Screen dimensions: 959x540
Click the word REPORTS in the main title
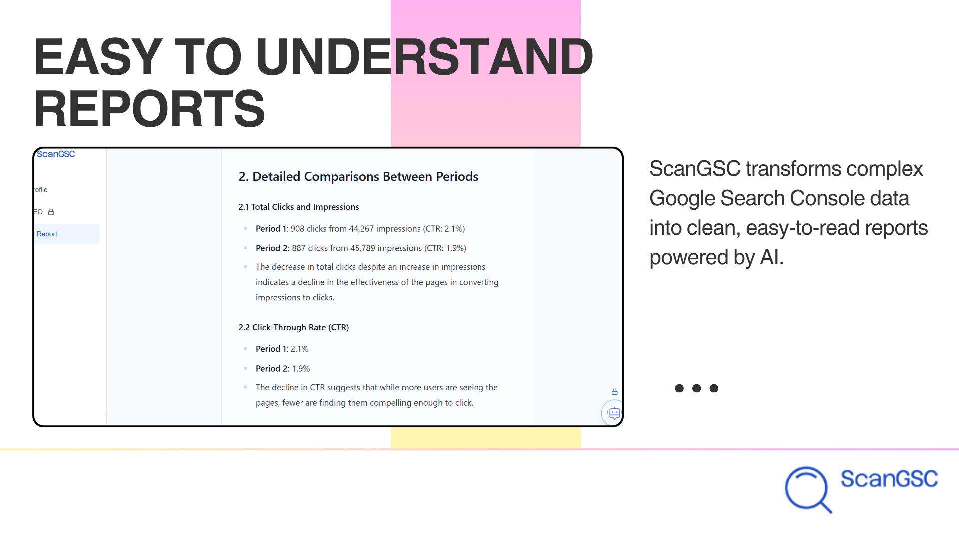149,109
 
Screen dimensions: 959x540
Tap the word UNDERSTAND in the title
424,57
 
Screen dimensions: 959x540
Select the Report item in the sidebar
47,234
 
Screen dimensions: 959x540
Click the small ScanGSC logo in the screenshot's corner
56,154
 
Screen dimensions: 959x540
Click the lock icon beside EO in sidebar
51,212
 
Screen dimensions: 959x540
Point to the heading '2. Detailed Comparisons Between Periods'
358,176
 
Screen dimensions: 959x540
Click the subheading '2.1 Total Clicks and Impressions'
299,207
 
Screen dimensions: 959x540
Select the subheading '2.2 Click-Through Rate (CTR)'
294,327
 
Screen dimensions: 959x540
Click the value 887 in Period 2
299,248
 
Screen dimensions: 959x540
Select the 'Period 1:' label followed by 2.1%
272,349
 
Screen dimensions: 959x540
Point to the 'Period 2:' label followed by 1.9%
273,369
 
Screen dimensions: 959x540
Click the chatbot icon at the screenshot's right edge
614,413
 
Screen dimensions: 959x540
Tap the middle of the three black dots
696,388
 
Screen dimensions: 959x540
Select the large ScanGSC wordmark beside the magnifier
889,479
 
